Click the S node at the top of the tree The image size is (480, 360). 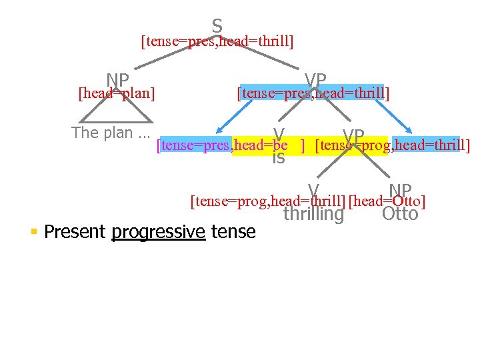point(217,26)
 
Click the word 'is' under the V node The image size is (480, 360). point(279,158)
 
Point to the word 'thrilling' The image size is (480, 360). point(313,214)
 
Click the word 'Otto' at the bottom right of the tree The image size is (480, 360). point(400,214)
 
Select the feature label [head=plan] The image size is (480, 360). point(117,93)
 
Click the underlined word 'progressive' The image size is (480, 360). point(158,232)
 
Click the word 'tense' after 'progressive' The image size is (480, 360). point(233,232)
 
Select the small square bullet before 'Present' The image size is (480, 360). point(33,232)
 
